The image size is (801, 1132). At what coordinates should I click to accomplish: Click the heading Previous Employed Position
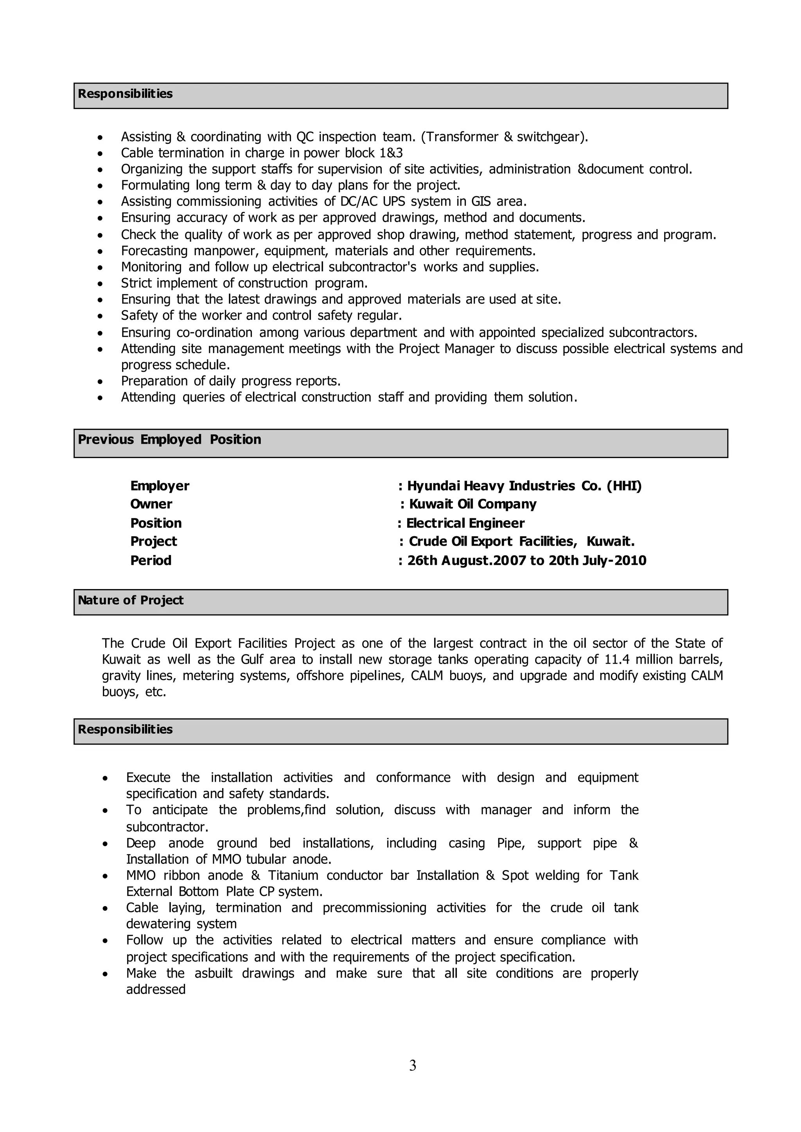(169, 439)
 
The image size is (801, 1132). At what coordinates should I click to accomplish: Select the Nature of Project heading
(131, 600)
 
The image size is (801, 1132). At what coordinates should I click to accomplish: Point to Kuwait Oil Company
(472, 504)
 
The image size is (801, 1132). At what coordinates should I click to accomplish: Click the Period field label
(151, 560)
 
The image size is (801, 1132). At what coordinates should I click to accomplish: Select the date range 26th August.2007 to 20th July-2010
(526, 560)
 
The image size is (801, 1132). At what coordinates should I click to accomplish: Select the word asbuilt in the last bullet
(213, 973)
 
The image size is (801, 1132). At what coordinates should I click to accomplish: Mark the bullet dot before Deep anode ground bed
(105, 844)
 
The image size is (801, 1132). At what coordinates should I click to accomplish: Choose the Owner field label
(151, 504)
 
